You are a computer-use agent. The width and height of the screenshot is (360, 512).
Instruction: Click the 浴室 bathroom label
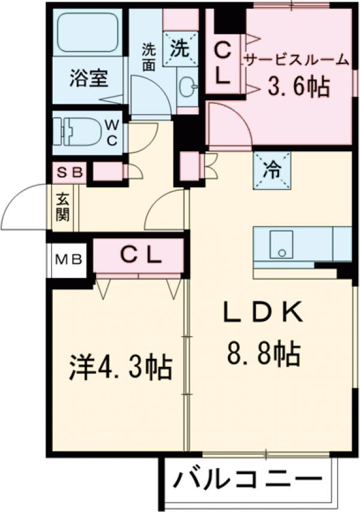[x=88, y=78]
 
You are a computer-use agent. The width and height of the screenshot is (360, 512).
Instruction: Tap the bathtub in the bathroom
[x=88, y=34]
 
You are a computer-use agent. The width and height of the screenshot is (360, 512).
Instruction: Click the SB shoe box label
[x=69, y=173]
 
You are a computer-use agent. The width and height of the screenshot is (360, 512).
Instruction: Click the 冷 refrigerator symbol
[x=272, y=170]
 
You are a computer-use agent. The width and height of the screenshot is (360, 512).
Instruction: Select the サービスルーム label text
[x=296, y=59]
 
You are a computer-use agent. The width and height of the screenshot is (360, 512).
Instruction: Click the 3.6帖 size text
[x=298, y=87]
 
